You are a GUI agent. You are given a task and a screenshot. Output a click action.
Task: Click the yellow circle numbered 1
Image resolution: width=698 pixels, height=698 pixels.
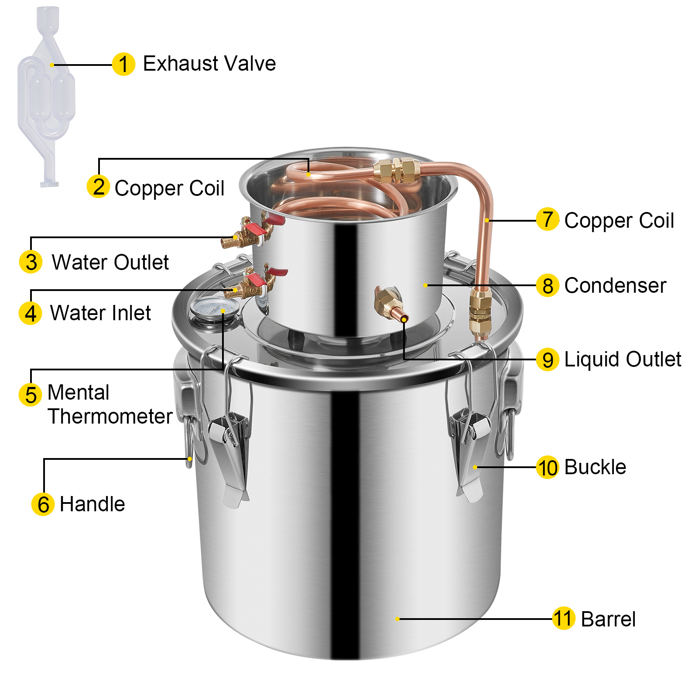point(123,64)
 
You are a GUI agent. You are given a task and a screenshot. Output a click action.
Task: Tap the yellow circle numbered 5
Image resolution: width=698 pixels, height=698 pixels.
point(31,394)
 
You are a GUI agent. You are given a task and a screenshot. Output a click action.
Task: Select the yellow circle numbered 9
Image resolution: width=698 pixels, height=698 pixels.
point(547,360)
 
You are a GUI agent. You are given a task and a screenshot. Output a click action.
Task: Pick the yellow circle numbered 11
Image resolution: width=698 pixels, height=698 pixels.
point(563,619)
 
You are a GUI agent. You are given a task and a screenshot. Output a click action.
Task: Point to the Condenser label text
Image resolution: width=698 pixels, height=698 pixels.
point(615,286)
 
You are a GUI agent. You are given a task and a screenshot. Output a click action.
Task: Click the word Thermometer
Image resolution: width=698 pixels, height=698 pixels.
point(110,416)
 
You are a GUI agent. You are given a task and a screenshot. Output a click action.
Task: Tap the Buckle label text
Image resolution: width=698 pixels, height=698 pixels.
point(595,467)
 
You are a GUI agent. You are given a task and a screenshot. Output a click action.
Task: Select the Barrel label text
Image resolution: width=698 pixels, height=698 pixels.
point(608,619)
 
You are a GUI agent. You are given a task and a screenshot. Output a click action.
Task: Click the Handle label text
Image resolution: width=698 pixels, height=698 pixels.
point(92,504)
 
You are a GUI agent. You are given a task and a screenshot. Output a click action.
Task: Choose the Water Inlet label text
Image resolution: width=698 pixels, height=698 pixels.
point(101,313)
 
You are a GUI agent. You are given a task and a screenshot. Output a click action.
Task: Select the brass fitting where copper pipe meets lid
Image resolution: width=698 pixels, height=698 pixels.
point(480,312)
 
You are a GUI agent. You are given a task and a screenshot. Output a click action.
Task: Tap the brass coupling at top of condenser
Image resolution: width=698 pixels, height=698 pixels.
point(396,170)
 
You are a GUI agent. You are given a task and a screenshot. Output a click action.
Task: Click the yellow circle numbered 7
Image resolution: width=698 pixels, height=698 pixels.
point(547,219)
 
